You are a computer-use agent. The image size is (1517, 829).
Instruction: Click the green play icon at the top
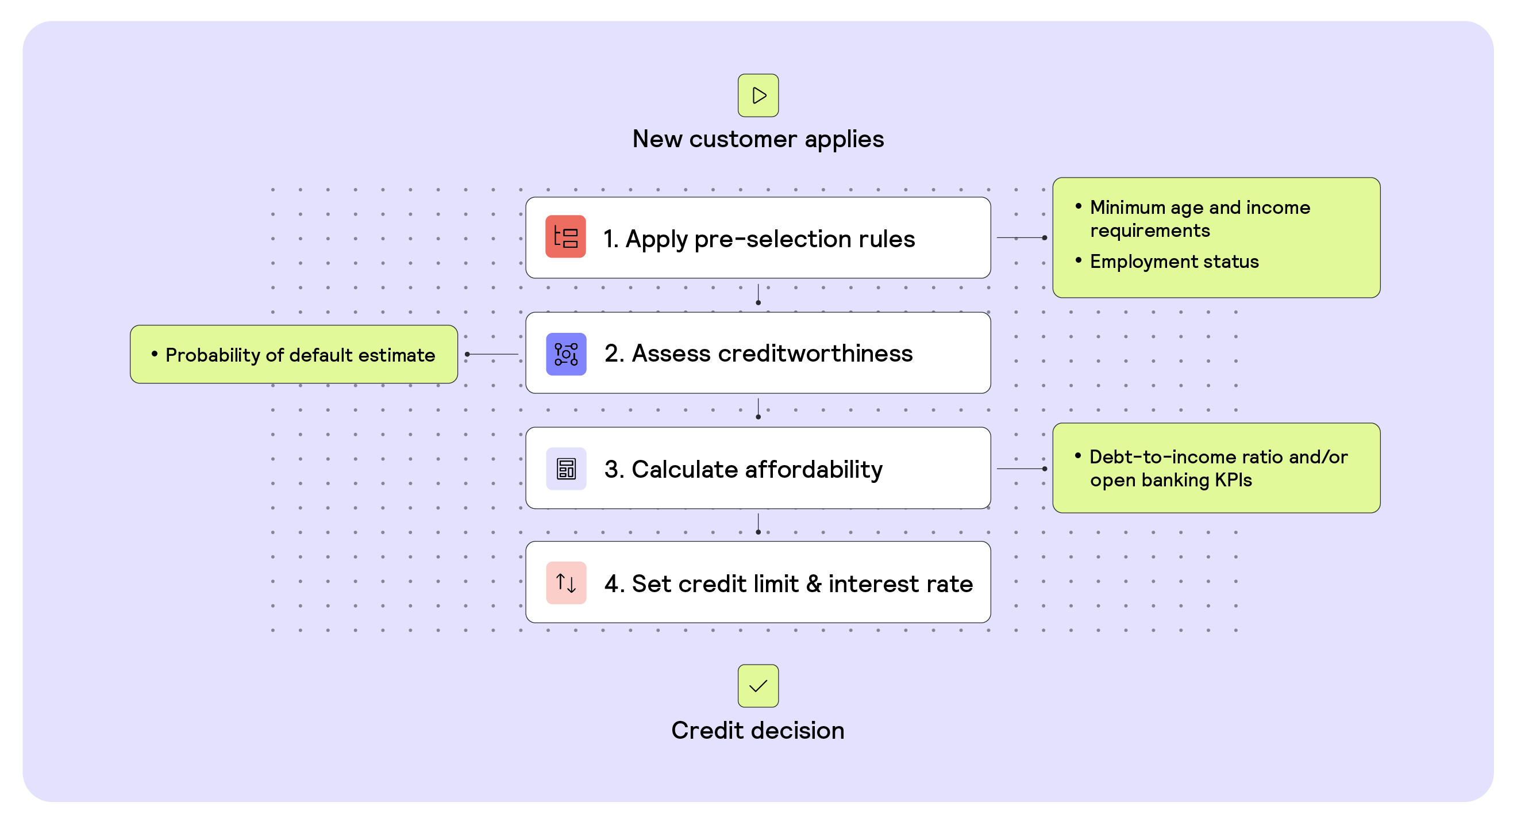pyautogui.click(x=758, y=95)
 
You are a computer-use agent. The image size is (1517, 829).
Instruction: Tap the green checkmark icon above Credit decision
pyautogui.click(x=758, y=686)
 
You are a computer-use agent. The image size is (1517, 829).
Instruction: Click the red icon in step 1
pyautogui.click(x=565, y=237)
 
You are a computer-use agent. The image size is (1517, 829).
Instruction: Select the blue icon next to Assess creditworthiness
pyautogui.click(x=566, y=354)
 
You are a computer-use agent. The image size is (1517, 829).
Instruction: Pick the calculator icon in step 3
pyautogui.click(x=566, y=469)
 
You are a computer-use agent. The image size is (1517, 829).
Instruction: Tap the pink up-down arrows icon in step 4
pyautogui.click(x=566, y=584)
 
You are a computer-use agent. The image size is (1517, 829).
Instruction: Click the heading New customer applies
pyautogui.click(x=758, y=140)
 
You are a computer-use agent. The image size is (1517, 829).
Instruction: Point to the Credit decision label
pyautogui.click(x=758, y=731)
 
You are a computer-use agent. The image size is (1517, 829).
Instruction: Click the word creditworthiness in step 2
pyautogui.click(x=815, y=354)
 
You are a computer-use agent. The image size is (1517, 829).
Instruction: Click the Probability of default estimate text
pyautogui.click(x=300, y=355)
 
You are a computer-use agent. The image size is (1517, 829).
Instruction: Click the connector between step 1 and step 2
pyautogui.click(x=758, y=294)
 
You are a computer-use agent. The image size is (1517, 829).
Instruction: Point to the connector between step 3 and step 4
pyautogui.click(x=758, y=523)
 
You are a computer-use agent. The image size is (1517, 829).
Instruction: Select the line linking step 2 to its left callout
pyautogui.click(x=492, y=354)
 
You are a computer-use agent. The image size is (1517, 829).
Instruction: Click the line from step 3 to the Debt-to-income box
pyautogui.click(x=1021, y=469)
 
